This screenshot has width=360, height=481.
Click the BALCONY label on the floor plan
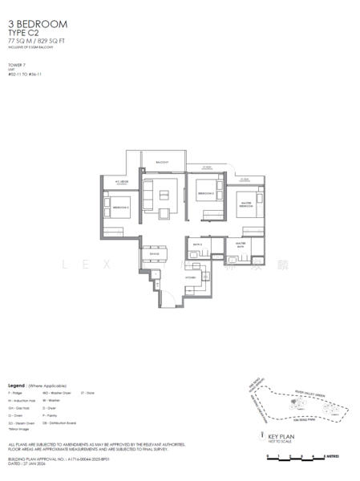(163, 162)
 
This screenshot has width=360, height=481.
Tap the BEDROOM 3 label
(121, 207)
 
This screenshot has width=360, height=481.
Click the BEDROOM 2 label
(204, 194)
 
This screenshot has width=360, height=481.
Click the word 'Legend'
(18, 386)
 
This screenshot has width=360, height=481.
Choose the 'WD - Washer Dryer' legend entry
(59, 394)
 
